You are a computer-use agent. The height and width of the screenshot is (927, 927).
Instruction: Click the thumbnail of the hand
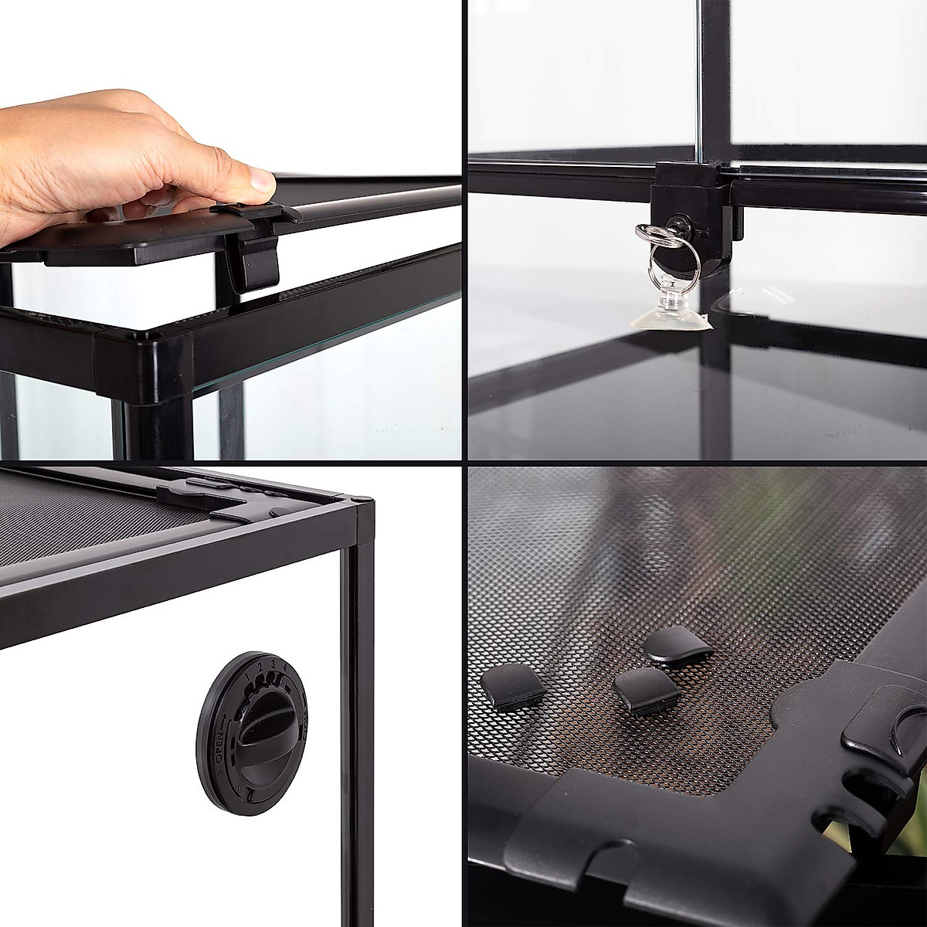[260, 182]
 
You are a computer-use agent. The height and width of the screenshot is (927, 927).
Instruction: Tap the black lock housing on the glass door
[692, 209]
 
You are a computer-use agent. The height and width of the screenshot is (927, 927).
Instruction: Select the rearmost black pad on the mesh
[671, 646]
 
